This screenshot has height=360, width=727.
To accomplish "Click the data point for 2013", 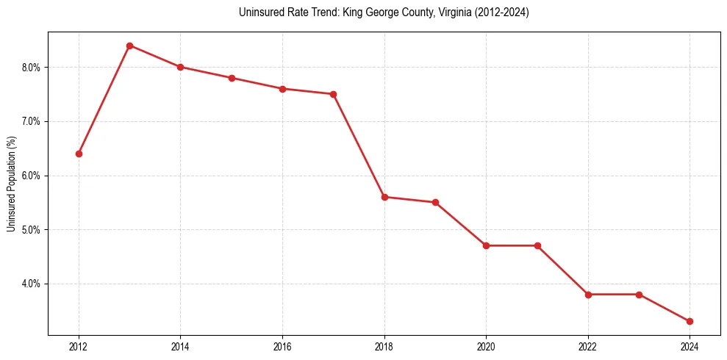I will pos(129,46).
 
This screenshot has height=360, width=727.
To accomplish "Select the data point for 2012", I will pos(79,154).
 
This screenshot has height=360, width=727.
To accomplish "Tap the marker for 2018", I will pos(384,197).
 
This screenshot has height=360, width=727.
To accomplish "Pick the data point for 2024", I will pos(690,321).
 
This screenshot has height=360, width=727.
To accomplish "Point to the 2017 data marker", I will pos(333,94).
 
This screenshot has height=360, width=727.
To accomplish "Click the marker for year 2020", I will pos(486,245).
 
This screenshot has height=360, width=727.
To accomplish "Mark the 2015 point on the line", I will pos(232,78).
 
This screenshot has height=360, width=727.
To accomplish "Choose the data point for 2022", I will pos(588,295).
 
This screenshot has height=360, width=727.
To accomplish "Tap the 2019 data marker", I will pos(435,202).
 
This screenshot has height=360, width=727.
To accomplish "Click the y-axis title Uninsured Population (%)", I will pos(11,184).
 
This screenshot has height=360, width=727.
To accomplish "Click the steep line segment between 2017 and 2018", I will pos(359,145).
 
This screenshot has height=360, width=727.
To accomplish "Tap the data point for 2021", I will pos(537,245).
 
